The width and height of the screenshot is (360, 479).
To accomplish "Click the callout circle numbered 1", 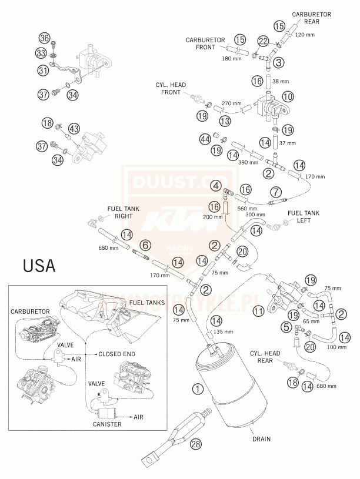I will (198, 389).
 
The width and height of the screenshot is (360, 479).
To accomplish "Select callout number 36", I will (44, 38).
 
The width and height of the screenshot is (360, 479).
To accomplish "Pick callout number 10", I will (287, 96).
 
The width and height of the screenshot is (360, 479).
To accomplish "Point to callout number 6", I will (146, 244).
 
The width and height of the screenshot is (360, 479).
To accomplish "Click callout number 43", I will (74, 128).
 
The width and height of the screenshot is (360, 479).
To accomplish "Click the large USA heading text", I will (39, 266).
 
